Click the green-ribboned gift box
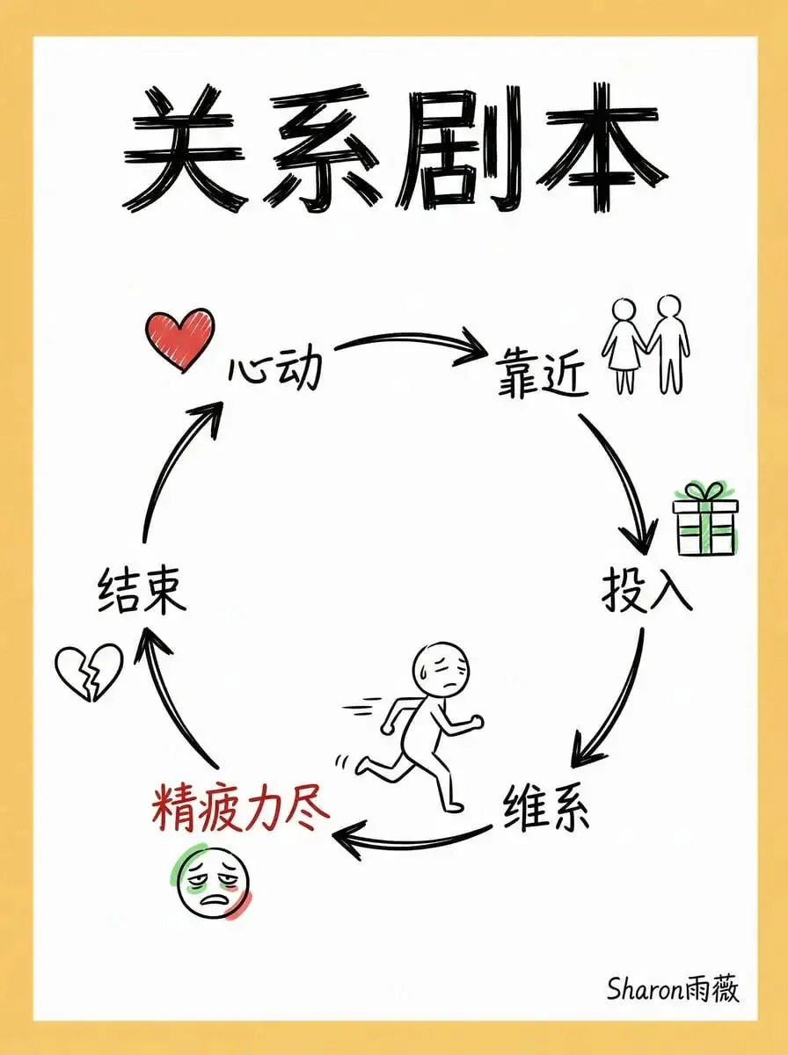click(704, 520)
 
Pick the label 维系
click(546, 810)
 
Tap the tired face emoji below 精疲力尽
click(214, 881)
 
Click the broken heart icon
click(88, 673)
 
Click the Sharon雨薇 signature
click(673, 988)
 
